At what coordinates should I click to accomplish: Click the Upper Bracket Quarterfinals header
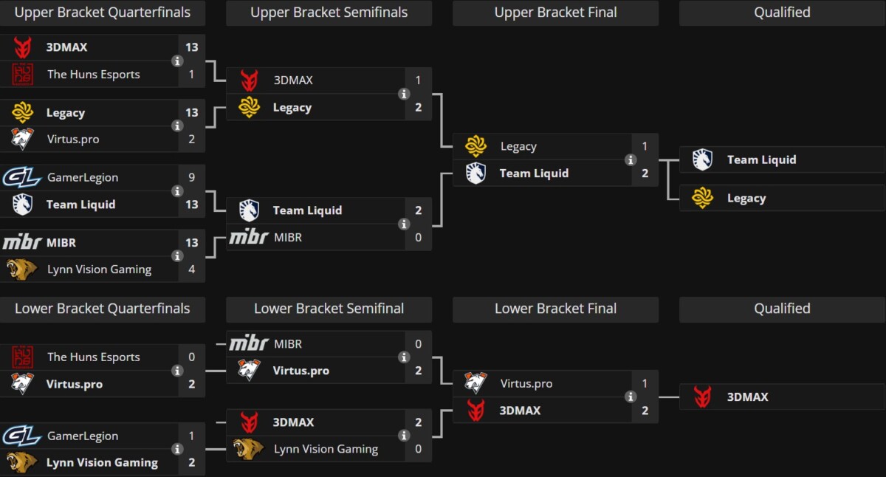click(x=103, y=13)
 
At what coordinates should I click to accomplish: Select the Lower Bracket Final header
click(x=555, y=309)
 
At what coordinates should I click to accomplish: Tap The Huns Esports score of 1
click(x=191, y=74)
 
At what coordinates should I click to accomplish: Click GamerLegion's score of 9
click(x=191, y=177)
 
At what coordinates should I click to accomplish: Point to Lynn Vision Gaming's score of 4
click(x=191, y=270)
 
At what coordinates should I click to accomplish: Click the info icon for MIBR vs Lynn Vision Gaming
click(x=177, y=256)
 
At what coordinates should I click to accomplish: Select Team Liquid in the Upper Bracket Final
click(x=534, y=174)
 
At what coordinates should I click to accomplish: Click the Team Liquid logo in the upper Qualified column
click(x=702, y=159)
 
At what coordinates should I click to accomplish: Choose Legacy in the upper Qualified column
click(x=746, y=199)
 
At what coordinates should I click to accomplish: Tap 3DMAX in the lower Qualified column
click(x=747, y=397)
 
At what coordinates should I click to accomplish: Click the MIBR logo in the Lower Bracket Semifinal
click(x=249, y=344)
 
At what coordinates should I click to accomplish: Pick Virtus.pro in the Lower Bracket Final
click(x=526, y=384)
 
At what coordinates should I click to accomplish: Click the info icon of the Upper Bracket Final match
click(x=630, y=159)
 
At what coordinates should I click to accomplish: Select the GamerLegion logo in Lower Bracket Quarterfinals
click(x=22, y=436)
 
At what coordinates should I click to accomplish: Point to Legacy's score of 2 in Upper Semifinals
click(x=418, y=108)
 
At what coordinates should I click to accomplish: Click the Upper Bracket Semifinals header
click(x=329, y=13)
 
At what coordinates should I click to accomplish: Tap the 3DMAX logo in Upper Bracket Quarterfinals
click(x=23, y=47)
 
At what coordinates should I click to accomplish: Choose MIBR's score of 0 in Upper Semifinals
click(x=418, y=238)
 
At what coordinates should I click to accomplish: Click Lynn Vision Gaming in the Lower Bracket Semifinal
click(x=326, y=449)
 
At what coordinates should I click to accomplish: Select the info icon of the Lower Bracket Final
click(x=630, y=397)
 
